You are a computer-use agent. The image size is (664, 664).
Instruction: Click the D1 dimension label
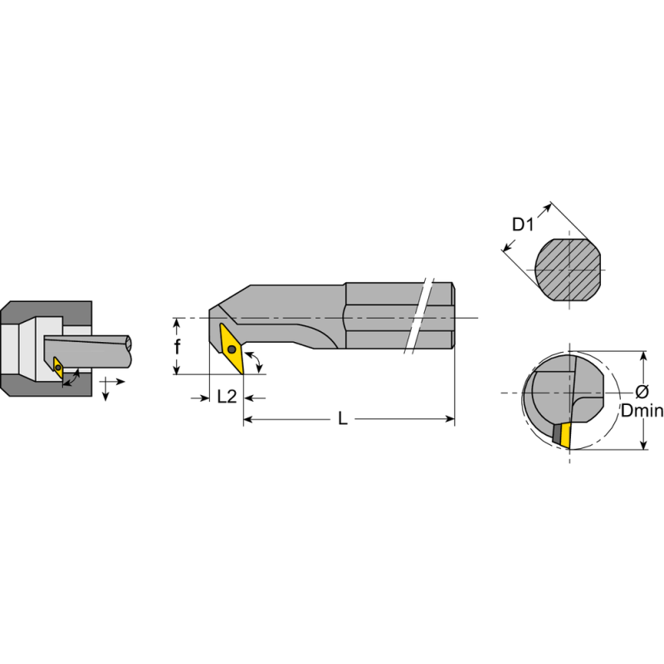(x=521, y=224)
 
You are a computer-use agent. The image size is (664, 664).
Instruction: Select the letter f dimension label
(x=177, y=348)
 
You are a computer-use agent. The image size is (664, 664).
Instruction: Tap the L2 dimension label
(x=227, y=397)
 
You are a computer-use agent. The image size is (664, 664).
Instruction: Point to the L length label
(x=342, y=419)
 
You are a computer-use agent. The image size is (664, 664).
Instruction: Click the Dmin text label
(x=642, y=411)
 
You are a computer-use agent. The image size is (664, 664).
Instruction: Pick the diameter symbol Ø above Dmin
(x=642, y=393)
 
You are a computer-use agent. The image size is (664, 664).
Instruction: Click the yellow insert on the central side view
(x=231, y=348)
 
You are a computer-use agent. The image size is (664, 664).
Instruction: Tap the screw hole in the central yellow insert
(x=231, y=349)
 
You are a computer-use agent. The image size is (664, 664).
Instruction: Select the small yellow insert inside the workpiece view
(x=57, y=366)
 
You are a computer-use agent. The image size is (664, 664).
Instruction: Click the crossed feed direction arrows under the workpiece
(x=108, y=386)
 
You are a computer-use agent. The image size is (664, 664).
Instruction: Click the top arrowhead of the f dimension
(x=177, y=322)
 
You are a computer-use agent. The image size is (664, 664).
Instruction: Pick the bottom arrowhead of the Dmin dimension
(x=645, y=446)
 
